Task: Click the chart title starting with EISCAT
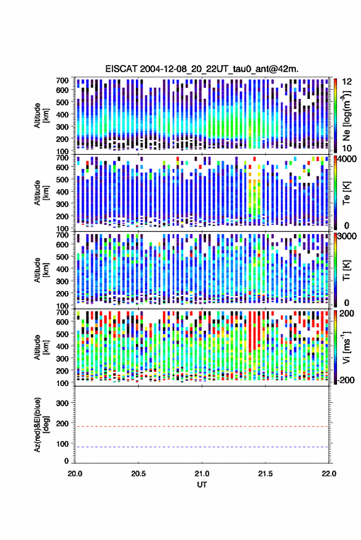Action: click(202, 69)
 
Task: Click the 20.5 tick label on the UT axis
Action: click(138, 474)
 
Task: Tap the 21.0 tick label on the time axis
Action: click(202, 474)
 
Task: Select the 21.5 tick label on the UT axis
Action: click(265, 474)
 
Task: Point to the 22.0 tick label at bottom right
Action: click(328, 474)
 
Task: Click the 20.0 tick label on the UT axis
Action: click(75, 474)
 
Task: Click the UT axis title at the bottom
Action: click(202, 485)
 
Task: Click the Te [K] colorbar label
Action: click(346, 192)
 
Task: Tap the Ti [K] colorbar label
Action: click(346, 270)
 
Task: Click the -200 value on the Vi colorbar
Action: click(346, 380)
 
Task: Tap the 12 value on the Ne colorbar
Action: click(347, 82)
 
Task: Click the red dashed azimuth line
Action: click(202, 426)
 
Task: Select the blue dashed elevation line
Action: click(202, 447)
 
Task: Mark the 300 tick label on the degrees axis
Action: click(62, 403)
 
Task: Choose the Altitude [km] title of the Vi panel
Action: click(41, 347)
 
